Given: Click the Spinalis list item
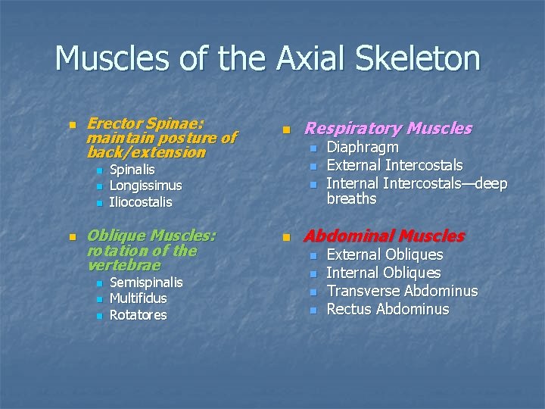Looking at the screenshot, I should (x=132, y=169).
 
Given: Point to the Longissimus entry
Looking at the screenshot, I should (x=145, y=186).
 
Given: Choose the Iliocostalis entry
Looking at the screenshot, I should (x=141, y=202).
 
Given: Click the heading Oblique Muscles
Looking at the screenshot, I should (x=152, y=236).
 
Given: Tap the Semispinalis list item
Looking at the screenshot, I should (x=146, y=282).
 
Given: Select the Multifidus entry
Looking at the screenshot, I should (x=139, y=298).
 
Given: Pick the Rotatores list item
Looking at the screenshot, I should (x=138, y=315).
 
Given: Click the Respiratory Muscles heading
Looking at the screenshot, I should (x=388, y=129).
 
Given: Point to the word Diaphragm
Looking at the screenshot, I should (x=362, y=148).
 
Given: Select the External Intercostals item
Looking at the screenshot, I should (x=394, y=165).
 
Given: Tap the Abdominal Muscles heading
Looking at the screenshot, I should (x=384, y=236).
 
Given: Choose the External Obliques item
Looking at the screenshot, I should (x=384, y=255).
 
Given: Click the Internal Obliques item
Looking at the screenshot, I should (x=383, y=273).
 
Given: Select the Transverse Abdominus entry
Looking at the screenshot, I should (x=401, y=292).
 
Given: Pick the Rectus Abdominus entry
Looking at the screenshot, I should (x=388, y=310).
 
